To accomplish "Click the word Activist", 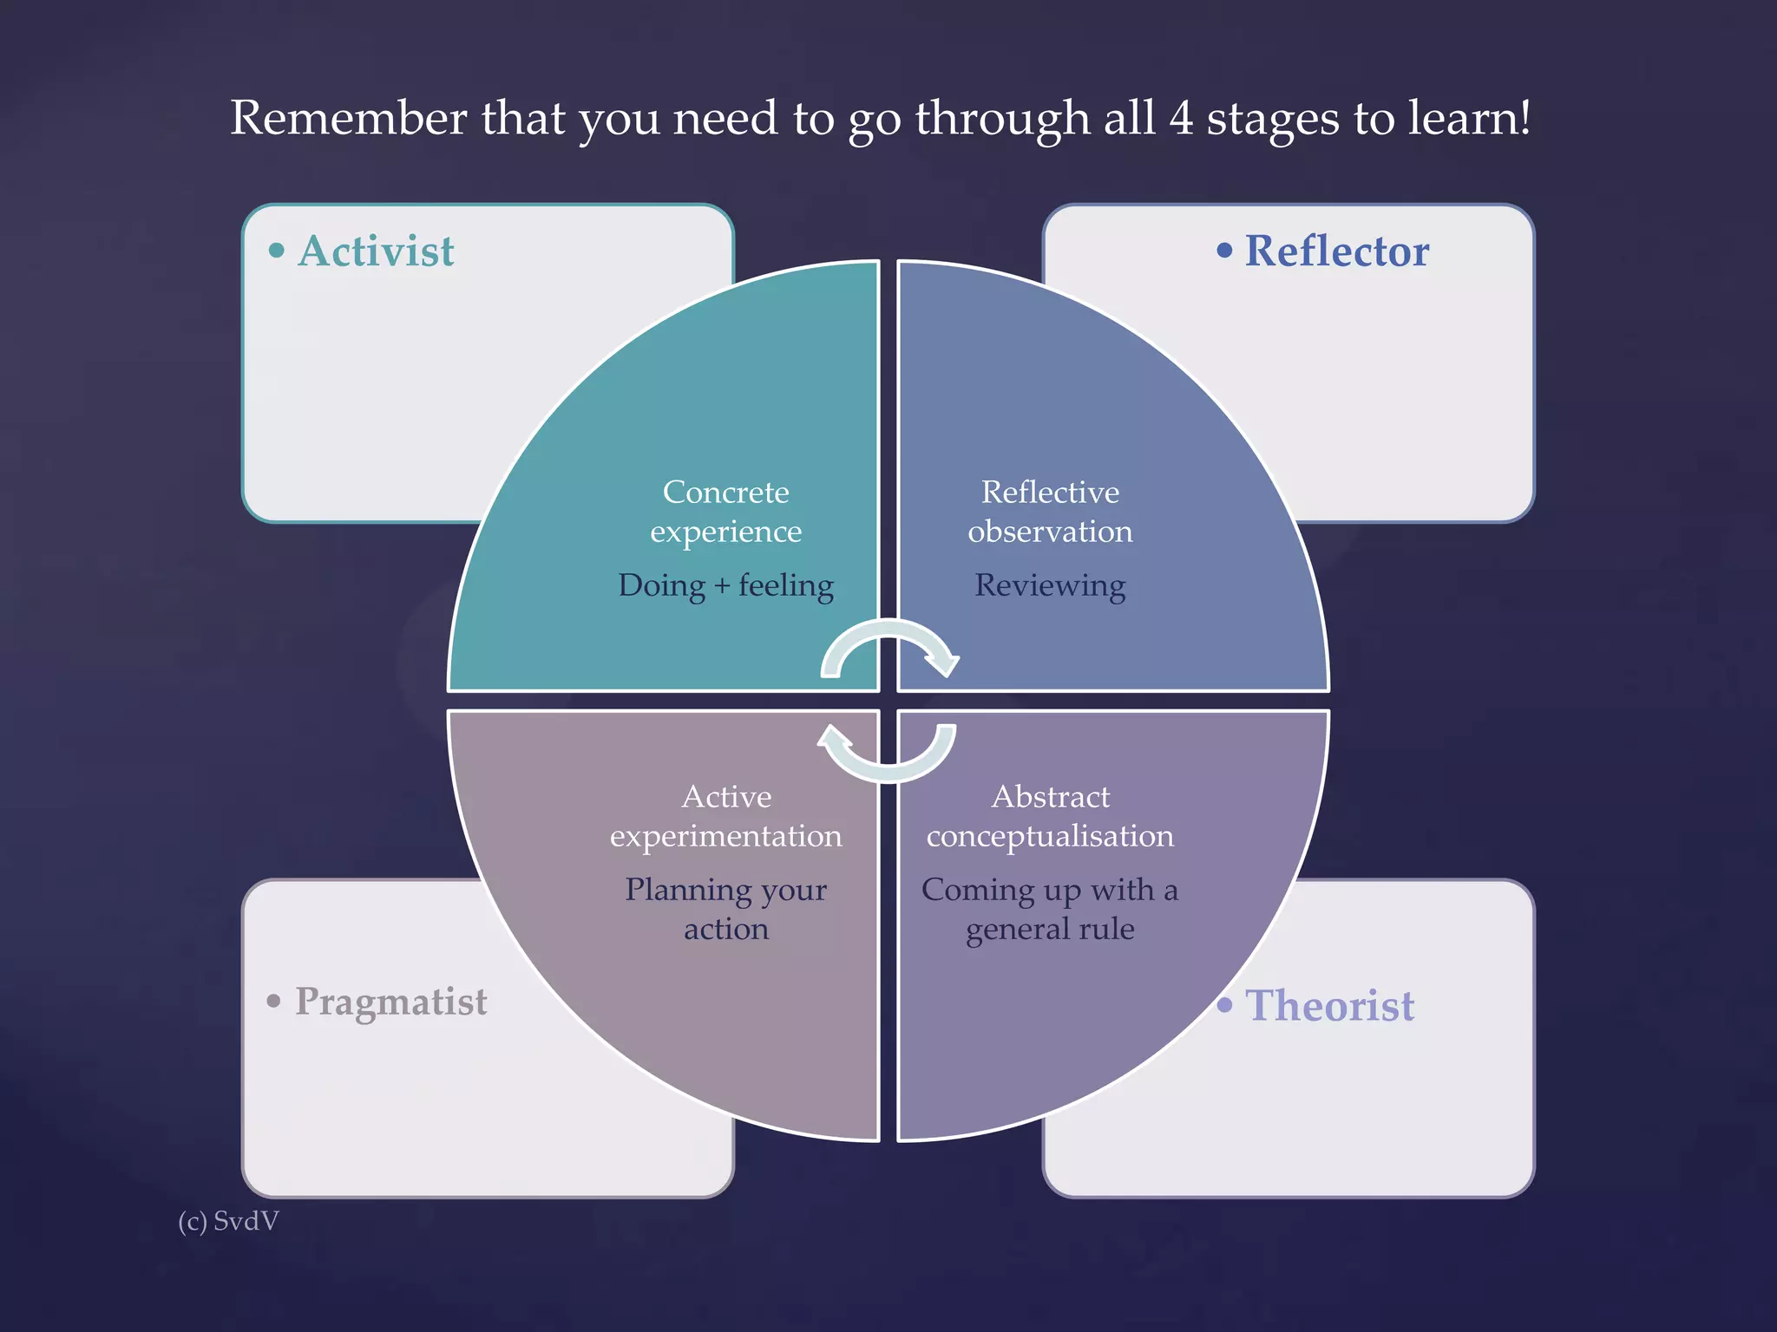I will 376,251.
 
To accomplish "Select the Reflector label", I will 1336,251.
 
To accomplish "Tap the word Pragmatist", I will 390,1002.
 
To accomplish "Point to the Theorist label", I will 1329,1006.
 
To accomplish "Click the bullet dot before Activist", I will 277,251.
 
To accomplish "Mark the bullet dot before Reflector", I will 1224,251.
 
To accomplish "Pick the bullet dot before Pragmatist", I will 274,1002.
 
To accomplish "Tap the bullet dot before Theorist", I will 1224,1005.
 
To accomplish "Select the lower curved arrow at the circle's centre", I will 887,753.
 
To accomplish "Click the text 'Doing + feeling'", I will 725,585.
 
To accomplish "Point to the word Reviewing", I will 1050,585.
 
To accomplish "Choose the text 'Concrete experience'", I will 725,512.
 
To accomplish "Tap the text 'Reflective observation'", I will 1050,512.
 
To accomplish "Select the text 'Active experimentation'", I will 725,816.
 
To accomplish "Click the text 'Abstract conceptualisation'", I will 1050,816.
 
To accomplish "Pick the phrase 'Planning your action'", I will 725,909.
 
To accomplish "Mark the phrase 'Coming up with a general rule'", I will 1050,909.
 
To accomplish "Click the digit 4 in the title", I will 1180,118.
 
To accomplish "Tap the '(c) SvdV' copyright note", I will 228,1221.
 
